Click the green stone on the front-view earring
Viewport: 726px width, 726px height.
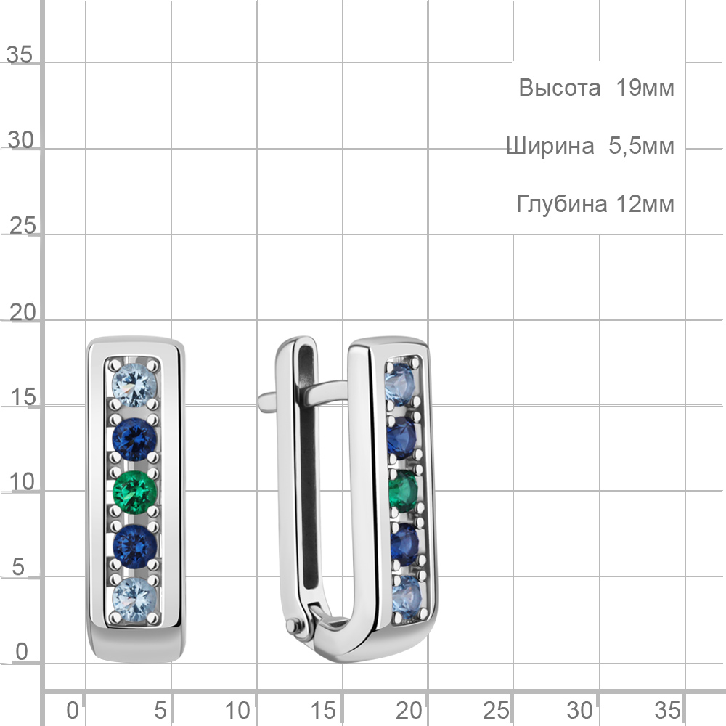coord(135,492)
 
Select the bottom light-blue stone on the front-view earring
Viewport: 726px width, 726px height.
coord(135,599)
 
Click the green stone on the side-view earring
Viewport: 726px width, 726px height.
coord(402,491)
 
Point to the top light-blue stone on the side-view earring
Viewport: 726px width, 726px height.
coord(399,384)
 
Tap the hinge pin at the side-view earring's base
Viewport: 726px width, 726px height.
coord(292,627)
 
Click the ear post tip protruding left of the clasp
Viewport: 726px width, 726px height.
coord(266,401)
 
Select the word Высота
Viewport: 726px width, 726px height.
coord(559,88)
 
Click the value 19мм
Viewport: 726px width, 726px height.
coord(645,88)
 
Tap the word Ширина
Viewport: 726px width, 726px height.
coord(550,147)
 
